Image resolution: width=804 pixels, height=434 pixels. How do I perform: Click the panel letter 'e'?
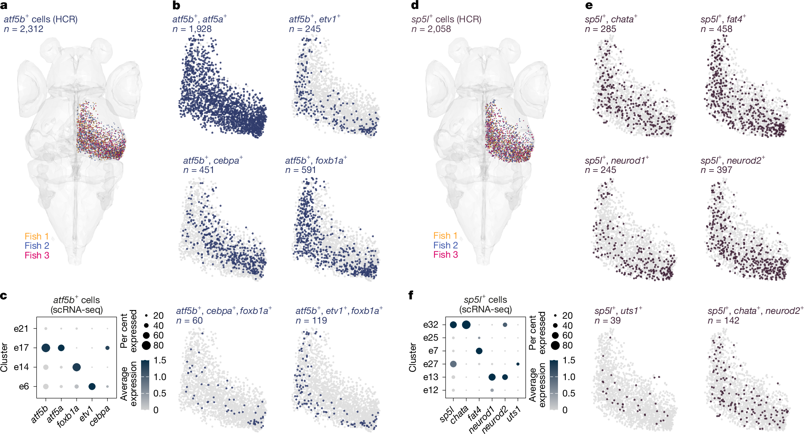coord(589,5)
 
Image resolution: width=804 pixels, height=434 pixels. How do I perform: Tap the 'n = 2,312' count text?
coord(23,29)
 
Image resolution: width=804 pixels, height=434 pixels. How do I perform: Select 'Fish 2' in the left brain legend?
coord(36,246)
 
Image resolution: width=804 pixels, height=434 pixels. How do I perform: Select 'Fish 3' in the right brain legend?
coord(445,255)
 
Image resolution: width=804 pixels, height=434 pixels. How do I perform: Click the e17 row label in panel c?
coord(21,348)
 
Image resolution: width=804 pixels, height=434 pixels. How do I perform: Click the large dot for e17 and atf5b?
coord(46,348)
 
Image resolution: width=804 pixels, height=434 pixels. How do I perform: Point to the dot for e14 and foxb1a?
coord(76,367)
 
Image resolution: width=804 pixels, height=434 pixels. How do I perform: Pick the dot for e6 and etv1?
coord(92,386)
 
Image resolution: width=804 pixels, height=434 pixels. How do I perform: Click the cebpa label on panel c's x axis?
coord(100,415)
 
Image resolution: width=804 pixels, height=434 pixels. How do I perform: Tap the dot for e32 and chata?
coord(466,325)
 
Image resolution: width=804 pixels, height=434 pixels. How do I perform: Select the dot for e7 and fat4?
coord(479,351)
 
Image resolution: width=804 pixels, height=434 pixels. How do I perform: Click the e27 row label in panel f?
coord(431,364)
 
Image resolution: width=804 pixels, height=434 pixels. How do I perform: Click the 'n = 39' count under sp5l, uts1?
coord(607,321)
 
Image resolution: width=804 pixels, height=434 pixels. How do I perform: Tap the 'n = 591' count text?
coord(300,170)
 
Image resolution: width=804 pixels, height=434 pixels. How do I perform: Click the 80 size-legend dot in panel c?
coord(146,345)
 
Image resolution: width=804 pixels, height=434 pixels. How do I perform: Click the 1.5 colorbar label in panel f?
coord(569,360)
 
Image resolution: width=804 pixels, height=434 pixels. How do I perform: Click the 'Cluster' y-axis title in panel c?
coord(4,357)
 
